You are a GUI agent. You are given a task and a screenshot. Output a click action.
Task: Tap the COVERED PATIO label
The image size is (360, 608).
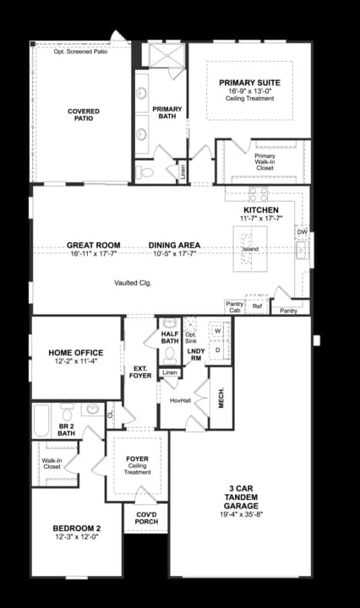coord(84,115)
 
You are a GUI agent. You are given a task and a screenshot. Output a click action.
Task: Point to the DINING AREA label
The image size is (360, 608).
coord(173,246)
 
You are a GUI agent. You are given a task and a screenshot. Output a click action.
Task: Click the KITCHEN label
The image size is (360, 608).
coord(261,209)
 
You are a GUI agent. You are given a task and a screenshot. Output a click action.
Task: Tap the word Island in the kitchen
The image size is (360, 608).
coord(250,250)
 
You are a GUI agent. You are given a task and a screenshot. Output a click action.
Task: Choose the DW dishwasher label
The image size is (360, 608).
coord(302,231)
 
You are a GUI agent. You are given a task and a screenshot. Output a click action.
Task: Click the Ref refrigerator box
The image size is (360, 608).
coord(257,307)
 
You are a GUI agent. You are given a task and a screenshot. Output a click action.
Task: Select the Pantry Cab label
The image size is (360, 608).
coord(234,307)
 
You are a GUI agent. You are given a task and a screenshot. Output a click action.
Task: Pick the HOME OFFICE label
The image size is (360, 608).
coord(77,353)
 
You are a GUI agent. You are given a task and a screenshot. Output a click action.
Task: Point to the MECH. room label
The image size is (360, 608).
coord(221,396)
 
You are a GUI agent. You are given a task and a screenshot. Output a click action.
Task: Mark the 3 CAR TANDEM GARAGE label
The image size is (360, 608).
coord(247,497)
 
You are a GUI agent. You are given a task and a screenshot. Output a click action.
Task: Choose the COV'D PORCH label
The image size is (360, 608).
coord(145,516)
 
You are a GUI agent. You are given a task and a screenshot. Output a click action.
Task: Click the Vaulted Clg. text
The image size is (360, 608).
coord(133,283)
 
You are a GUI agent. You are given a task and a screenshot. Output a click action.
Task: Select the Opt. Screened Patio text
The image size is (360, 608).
coord(80,52)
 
